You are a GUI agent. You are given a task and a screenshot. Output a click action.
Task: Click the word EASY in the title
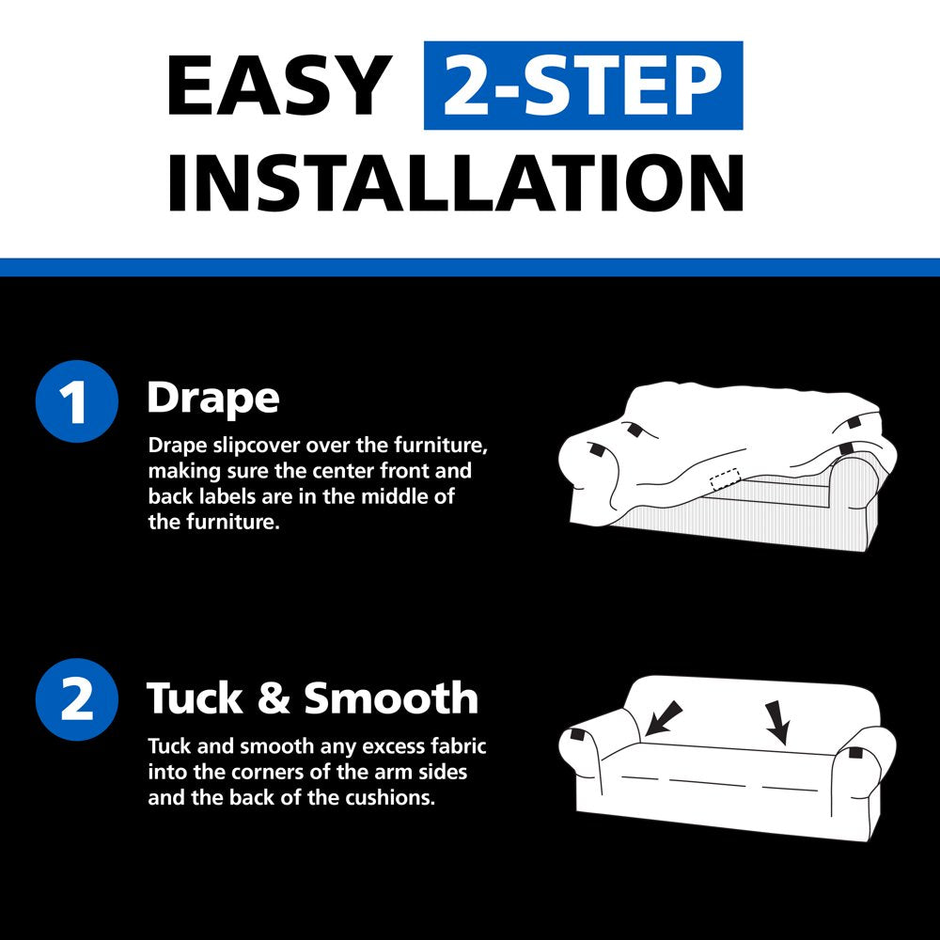(279, 86)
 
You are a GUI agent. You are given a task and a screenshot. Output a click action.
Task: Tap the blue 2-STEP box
(584, 86)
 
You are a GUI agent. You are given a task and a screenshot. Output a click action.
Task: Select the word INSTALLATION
(456, 183)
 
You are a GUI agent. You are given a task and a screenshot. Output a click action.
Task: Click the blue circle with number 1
(77, 401)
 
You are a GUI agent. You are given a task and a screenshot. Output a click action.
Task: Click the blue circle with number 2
(77, 699)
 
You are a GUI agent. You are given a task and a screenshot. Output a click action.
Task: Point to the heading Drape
(213, 399)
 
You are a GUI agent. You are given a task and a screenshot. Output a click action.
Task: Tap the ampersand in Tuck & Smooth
(274, 698)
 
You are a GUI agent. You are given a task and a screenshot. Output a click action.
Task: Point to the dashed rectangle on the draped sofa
(726, 479)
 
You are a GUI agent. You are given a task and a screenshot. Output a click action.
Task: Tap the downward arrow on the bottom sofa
(777, 722)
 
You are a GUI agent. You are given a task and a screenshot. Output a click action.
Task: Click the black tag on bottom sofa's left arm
(578, 734)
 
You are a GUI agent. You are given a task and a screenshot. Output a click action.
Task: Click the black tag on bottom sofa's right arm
(852, 752)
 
